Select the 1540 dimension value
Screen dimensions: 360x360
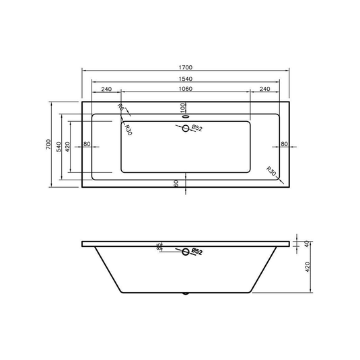(186, 79)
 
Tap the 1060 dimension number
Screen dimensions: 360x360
(186, 89)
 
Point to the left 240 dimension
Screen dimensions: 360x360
(106, 89)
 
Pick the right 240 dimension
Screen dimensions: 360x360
(264, 89)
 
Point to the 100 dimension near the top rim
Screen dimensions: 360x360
(182, 107)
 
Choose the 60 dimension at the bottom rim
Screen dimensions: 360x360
(176, 184)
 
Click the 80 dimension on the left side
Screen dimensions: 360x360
(87, 144)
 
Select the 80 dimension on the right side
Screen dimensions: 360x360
(283, 144)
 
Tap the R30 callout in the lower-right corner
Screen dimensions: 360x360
(270, 171)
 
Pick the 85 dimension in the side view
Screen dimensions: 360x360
(159, 247)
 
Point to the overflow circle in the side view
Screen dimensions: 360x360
(186, 252)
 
